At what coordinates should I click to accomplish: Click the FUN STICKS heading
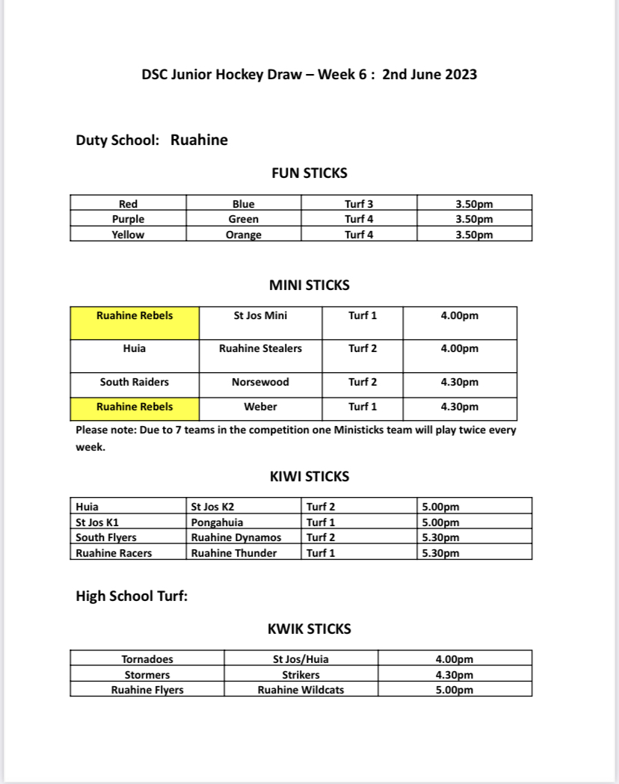pos(309,173)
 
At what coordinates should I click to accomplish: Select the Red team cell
pos(128,204)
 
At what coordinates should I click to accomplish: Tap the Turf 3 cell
pos(359,204)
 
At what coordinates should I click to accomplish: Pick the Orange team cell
pos(244,235)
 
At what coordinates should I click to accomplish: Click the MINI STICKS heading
pos(309,285)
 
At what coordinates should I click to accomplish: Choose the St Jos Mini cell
pos(260,315)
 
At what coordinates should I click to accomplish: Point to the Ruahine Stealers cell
pos(260,348)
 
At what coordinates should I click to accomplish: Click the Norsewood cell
pos(260,382)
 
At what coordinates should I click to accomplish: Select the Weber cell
pos(260,407)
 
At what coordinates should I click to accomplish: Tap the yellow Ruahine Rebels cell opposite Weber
pos(135,407)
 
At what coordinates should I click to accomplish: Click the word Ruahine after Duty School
pos(199,140)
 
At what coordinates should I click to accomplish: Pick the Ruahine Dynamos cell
pos(236,537)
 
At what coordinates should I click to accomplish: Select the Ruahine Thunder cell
pos(234,553)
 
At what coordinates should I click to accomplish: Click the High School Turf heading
pos(132,596)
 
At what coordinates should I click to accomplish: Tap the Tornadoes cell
pos(147,659)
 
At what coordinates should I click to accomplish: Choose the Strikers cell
pos(301,675)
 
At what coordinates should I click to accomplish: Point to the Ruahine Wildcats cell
pos(301,690)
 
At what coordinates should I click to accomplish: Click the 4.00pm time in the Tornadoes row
pos(455,659)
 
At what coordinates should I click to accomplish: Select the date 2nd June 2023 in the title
pos(429,75)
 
